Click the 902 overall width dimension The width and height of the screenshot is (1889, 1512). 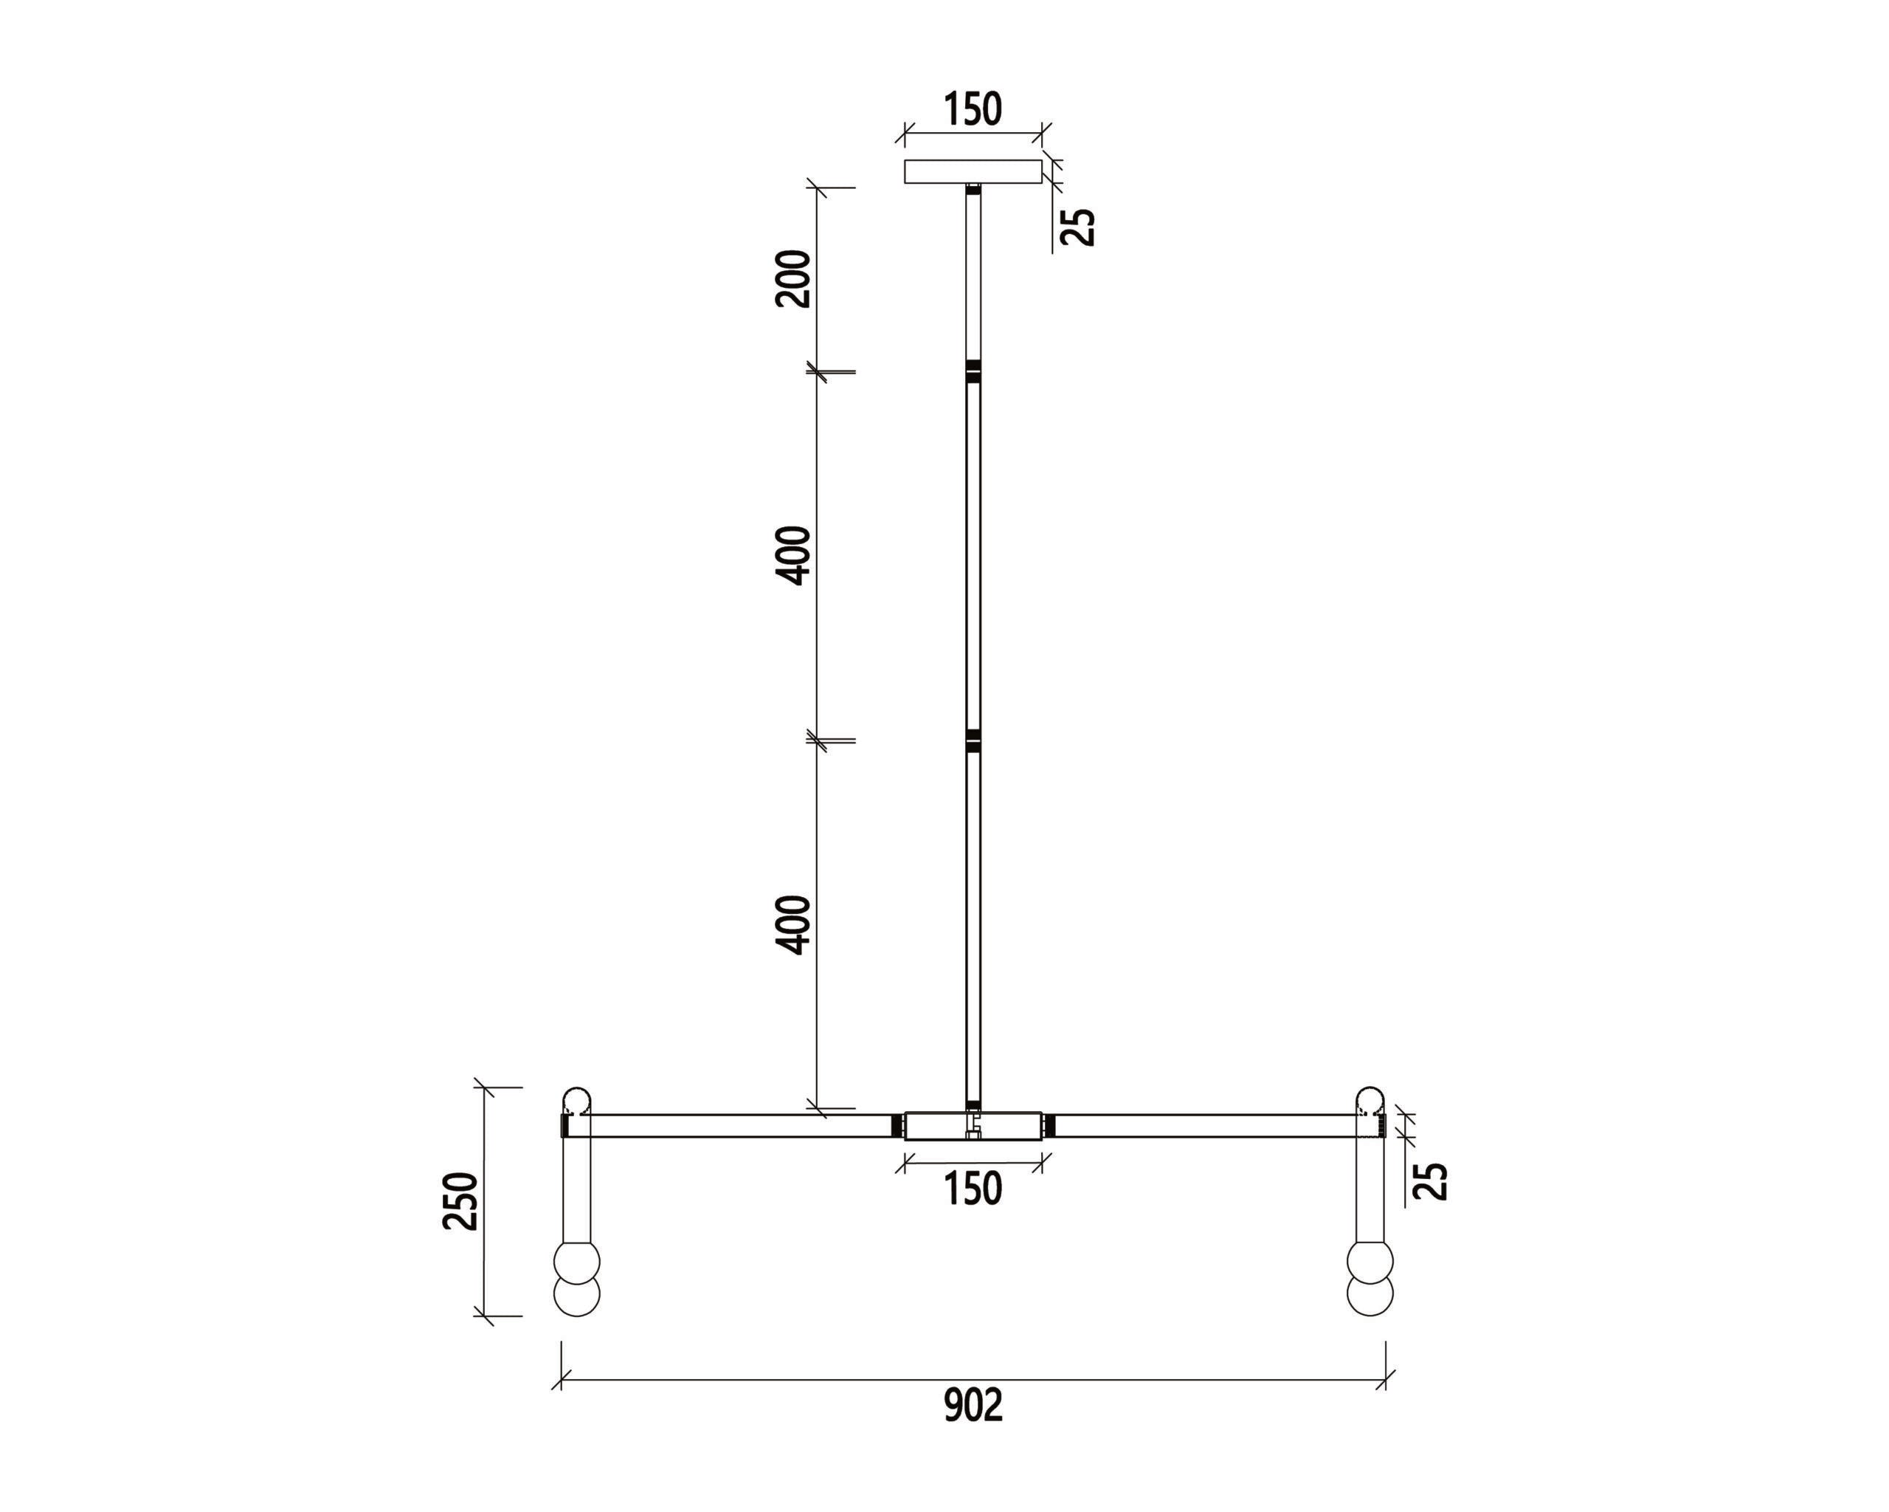point(973,1406)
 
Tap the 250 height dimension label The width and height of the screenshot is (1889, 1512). point(461,1201)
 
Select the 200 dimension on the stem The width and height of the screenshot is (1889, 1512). point(793,279)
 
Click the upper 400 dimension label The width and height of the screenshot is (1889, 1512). point(794,556)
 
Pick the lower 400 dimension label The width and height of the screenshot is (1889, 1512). point(794,925)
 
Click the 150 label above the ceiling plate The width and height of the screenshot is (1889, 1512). point(973,109)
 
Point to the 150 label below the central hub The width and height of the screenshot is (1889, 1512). point(973,1189)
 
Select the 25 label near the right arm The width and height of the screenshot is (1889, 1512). point(1431,1181)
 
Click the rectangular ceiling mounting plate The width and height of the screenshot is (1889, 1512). point(973,172)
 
